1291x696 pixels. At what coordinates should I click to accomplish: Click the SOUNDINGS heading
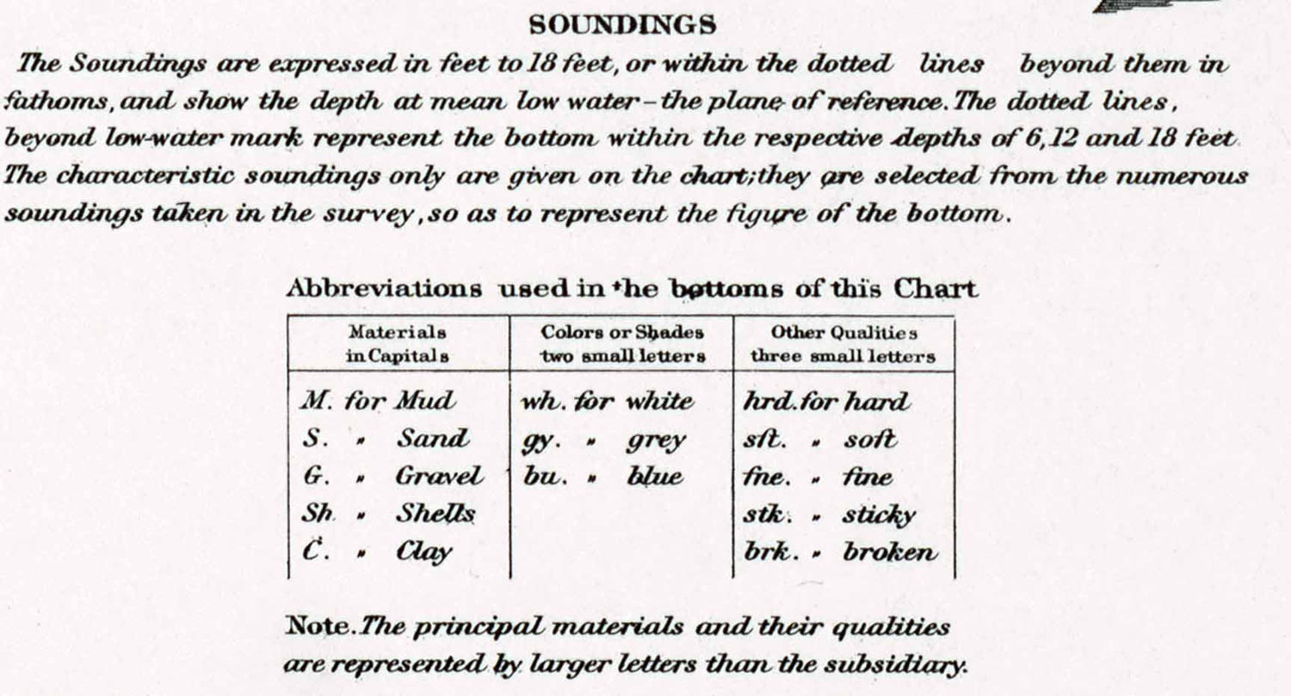click(x=622, y=26)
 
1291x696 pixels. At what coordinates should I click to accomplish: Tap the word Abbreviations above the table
click(x=384, y=289)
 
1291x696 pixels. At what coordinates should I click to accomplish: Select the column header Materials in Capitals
click(x=397, y=344)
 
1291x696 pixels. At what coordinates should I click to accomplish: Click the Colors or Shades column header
click(x=622, y=344)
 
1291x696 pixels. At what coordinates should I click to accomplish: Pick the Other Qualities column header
click(x=843, y=344)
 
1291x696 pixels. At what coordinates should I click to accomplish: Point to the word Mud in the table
click(x=425, y=401)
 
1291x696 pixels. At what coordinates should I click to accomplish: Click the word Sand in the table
click(x=433, y=439)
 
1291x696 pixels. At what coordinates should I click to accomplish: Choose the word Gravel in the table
click(x=439, y=476)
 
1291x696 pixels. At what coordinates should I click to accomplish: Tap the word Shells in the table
click(x=435, y=514)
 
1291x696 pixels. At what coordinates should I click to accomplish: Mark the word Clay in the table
click(x=424, y=551)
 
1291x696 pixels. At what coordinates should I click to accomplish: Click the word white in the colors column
click(x=658, y=401)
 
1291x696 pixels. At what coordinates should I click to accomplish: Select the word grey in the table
click(x=656, y=440)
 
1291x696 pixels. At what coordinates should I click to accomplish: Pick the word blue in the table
click(x=655, y=476)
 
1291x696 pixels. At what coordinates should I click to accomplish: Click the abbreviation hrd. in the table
click(x=762, y=401)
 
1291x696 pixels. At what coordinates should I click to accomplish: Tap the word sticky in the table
click(x=879, y=515)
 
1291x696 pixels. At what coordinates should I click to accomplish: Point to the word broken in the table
click(x=890, y=551)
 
